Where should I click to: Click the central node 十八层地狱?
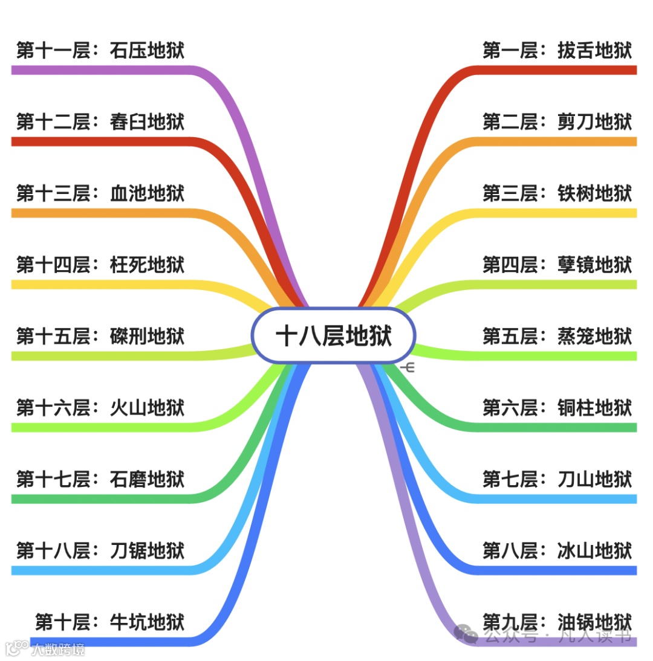(x=333, y=335)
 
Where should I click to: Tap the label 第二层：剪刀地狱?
(x=557, y=122)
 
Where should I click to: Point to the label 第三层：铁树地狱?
(x=557, y=193)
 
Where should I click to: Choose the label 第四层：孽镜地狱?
(x=557, y=265)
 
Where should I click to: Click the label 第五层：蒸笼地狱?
(x=557, y=336)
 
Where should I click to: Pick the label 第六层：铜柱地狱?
(x=557, y=408)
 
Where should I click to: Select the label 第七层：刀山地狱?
(x=557, y=479)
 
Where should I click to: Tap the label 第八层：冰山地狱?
(x=557, y=550)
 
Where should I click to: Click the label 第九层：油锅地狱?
(x=557, y=622)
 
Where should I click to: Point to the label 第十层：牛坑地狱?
(x=109, y=622)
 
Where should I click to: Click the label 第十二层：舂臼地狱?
(x=100, y=122)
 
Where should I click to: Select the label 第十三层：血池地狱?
(x=100, y=193)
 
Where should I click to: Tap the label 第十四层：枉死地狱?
(x=100, y=265)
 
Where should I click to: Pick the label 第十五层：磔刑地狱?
(x=100, y=336)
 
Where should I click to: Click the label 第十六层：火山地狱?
(x=100, y=408)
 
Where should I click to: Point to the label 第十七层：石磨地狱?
(x=100, y=479)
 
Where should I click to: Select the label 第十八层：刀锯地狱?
(x=100, y=550)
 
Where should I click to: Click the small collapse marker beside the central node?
(x=408, y=367)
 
